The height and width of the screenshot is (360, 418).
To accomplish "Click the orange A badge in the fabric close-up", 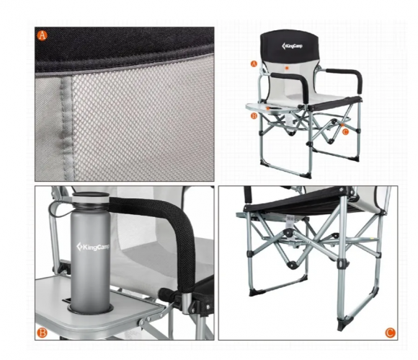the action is point(42,35).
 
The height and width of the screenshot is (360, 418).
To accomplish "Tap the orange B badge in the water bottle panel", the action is point(42,333).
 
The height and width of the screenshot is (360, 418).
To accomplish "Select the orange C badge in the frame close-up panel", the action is point(390,333).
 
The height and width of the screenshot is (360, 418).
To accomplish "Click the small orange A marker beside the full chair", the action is point(254,63).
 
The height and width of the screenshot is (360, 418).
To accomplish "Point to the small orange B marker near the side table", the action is point(254,116).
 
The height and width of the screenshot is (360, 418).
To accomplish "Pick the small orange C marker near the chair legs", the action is point(345,132).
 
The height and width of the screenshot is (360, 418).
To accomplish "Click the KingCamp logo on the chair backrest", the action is point(292,46).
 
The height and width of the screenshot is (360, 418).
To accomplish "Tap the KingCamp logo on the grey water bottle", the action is point(93,247).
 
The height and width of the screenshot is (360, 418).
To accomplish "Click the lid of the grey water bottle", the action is point(91,198).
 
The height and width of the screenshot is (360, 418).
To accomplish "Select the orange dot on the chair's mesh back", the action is point(287,68).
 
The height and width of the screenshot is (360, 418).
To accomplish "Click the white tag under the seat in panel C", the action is point(290,221).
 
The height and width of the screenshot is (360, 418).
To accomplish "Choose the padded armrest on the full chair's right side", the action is point(345,78).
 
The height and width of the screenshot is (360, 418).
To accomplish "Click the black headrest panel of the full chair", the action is point(290,46).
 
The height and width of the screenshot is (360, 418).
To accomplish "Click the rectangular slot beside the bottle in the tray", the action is point(66,301).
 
